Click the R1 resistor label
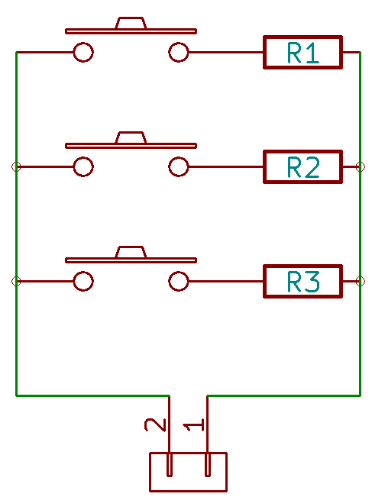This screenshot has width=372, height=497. [303, 53]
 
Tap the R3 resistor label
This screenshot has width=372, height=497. [303, 282]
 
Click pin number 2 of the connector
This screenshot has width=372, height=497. [155, 424]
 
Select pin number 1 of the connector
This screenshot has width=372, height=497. [193, 424]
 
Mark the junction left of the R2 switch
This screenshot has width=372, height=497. [16, 166]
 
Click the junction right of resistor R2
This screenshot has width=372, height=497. [361, 166]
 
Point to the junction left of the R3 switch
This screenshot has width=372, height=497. [16, 281]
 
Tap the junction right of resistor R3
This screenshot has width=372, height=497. [361, 281]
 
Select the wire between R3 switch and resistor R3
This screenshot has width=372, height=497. [226, 281]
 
